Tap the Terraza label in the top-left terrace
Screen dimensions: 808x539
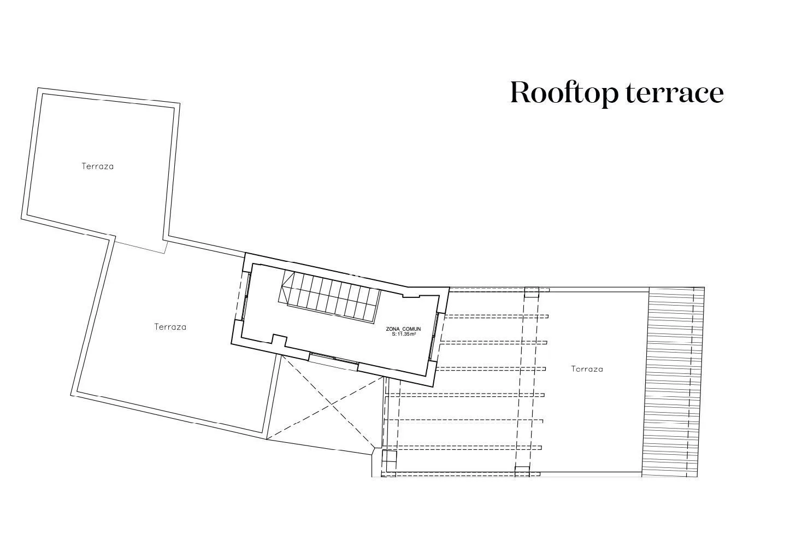point(97,166)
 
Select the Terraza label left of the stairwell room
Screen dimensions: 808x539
point(170,327)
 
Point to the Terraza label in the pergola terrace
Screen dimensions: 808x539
point(587,369)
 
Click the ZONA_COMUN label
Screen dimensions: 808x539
point(403,329)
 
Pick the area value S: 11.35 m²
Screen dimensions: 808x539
point(404,335)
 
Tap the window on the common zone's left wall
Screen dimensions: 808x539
point(246,296)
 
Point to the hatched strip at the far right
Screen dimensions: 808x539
point(674,382)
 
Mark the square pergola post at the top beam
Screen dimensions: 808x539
point(532,292)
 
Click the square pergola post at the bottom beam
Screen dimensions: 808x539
point(522,472)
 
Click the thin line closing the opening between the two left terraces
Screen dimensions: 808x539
point(140,248)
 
